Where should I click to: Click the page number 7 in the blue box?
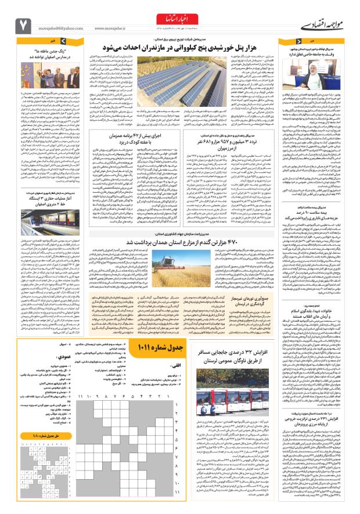click(x=23, y=24)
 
